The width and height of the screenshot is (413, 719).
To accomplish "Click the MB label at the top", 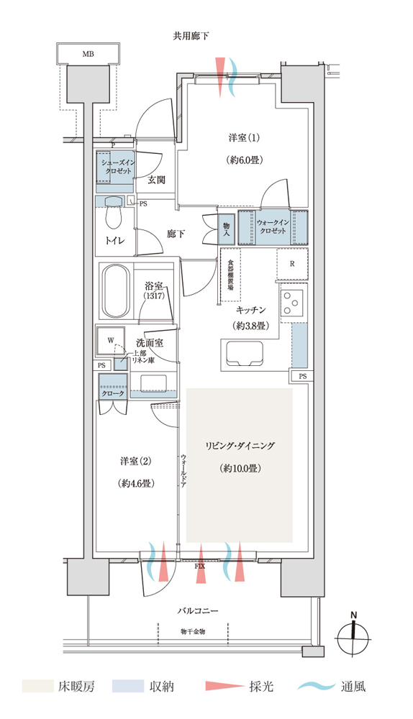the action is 88,54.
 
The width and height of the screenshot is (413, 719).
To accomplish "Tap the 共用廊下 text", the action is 191,36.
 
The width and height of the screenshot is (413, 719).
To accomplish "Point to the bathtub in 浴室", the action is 115,291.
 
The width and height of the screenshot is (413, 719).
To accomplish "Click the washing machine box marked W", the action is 111,341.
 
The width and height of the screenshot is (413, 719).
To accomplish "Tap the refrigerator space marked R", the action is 292,264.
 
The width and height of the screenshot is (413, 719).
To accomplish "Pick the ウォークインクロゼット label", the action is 273,226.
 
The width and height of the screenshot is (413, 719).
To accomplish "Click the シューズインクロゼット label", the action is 117,167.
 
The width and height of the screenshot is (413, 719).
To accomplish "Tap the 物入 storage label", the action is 226,228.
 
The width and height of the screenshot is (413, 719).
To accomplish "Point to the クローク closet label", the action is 112,393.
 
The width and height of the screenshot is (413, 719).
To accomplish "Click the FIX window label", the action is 199,567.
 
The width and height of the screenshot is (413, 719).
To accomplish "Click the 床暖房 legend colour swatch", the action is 37,687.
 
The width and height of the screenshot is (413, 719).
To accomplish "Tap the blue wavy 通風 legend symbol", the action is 316,687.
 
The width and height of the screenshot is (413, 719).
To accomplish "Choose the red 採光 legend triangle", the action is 224,687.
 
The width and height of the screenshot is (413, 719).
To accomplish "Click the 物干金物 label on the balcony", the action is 193,631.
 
